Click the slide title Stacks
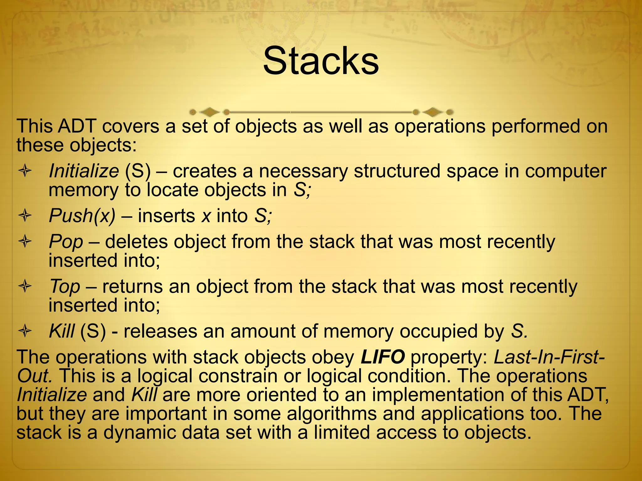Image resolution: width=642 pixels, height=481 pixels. [x=321, y=61]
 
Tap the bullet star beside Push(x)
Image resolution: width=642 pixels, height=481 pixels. [x=25, y=216]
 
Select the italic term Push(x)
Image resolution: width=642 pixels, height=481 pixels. [x=82, y=216]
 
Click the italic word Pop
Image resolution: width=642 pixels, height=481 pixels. [x=66, y=242]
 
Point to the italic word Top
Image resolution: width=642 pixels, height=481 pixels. [x=65, y=287]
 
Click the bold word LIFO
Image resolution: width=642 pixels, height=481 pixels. [x=382, y=357]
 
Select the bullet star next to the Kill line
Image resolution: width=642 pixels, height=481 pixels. [x=25, y=331]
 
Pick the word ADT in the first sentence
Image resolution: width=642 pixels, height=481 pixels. [x=77, y=126]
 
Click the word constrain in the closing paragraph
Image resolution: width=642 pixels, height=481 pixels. [x=238, y=376]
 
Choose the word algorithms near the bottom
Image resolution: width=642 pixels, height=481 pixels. [x=332, y=413]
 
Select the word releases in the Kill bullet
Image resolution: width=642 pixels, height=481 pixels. [x=160, y=331]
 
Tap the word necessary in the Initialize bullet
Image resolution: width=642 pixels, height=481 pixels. [x=303, y=171]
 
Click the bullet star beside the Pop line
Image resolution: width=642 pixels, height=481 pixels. [x=25, y=241]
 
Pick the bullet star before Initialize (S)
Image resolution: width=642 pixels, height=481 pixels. [x=25, y=171]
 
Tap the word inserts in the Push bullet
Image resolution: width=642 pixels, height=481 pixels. [x=166, y=216]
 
